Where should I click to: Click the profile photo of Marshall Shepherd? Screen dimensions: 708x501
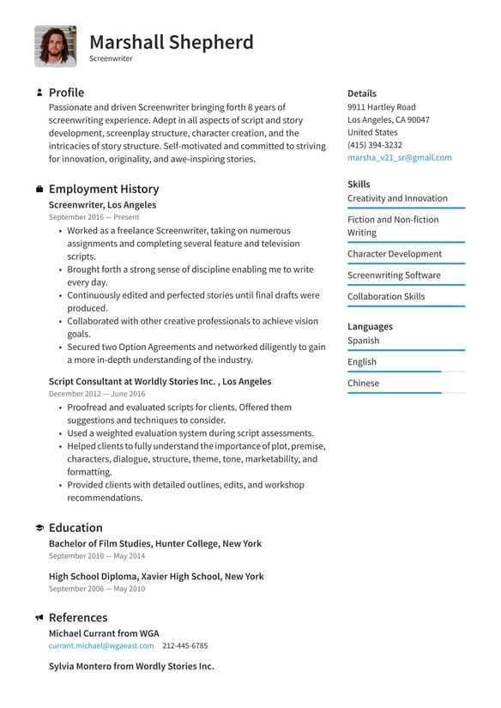pyautogui.click(x=56, y=46)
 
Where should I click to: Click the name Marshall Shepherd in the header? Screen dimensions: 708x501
pyautogui.click(x=172, y=42)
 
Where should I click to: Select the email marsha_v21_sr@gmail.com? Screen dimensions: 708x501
pyautogui.click(x=399, y=158)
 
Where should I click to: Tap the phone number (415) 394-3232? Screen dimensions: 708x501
pyautogui.click(x=374, y=145)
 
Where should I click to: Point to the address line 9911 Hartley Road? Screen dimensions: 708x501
pyautogui.click(x=381, y=107)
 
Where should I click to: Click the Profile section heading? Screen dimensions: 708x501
pyautogui.click(x=66, y=93)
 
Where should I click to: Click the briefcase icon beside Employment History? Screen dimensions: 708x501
pyautogui.click(x=39, y=189)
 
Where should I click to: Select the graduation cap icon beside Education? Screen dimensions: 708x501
pyautogui.click(x=39, y=528)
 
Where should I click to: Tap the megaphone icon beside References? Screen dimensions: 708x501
pyautogui.click(x=39, y=618)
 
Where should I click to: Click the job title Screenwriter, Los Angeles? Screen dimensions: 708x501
pyautogui.click(x=102, y=205)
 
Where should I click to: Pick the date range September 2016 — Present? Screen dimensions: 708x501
pyautogui.click(x=94, y=218)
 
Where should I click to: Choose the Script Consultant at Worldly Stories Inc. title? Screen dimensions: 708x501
pyautogui.click(x=160, y=382)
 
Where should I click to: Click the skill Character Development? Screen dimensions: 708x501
pyautogui.click(x=394, y=254)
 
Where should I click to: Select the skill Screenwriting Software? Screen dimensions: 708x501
pyautogui.click(x=393, y=275)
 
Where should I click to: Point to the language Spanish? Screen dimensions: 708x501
pyautogui.click(x=363, y=341)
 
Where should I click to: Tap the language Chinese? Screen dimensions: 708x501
pyautogui.click(x=363, y=384)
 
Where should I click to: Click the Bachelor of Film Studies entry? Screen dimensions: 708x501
pyautogui.click(x=154, y=544)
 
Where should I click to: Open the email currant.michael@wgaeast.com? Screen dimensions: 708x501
pyautogui.click(x=101, y=645)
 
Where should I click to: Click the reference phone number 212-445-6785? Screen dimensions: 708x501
pyautogui.click(x=184, y=645)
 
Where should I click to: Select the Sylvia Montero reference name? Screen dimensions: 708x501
pyautogui.click(x=130, y=666)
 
